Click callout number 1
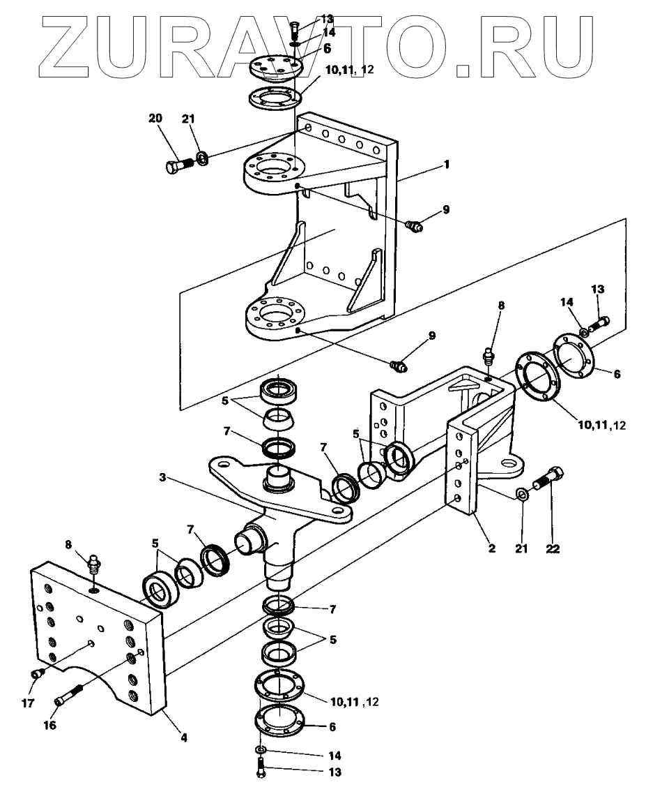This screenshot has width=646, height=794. click(x=446, y=165)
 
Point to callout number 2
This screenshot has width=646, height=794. click(x=492, y=548)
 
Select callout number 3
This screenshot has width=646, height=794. click(x=162, y=477)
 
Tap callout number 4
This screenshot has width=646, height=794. click(x=184, y=738)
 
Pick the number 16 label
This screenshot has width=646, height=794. click(x=49, y=725)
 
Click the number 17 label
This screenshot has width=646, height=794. click(x=28, y=703)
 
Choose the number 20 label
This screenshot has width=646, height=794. click(x=155, y=119)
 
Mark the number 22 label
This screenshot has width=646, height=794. click(x=553, y=548)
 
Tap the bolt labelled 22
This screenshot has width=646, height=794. click(x=548, y=479)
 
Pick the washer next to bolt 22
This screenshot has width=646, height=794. click(x=521, y=493)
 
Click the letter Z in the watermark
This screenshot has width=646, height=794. click(x=65, y=47)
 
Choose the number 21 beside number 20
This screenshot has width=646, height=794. click(x=188, y=119)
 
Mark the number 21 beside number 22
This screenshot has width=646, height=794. click(x=521, y=548)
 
